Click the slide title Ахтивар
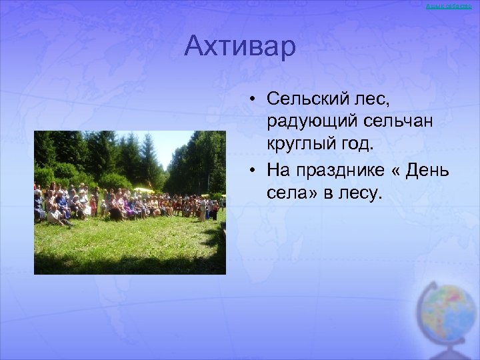pos(239,47)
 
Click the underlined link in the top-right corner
pos(453,5)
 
